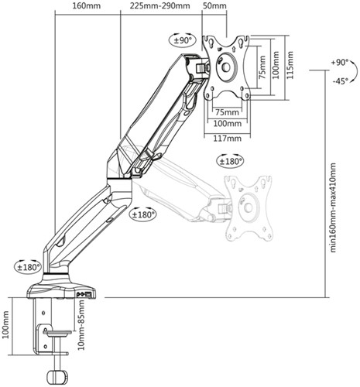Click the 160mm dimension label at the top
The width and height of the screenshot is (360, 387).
[87, 5]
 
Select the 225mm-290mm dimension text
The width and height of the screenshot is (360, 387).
[159, 5]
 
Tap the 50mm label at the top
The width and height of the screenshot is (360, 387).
[214, 5]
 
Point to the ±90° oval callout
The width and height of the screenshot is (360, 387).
[183, 40]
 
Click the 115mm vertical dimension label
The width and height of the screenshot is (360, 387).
[290, 65]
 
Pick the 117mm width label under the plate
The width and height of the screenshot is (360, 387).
[228, 139]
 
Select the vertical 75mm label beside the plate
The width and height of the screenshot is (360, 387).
[262, 67]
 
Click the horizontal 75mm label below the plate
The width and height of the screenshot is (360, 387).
[228, 112]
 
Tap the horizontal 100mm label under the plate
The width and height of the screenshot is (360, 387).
[228, 124]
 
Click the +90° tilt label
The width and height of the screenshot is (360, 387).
[340, 63]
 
